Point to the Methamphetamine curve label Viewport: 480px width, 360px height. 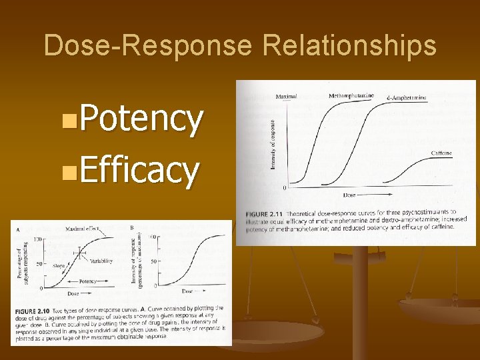351,95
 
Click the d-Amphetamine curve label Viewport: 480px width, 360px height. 406,98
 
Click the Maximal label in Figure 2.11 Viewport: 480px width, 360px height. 286,96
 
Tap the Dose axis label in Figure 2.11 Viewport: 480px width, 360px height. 349,195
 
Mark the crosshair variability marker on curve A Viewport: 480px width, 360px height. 79,252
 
